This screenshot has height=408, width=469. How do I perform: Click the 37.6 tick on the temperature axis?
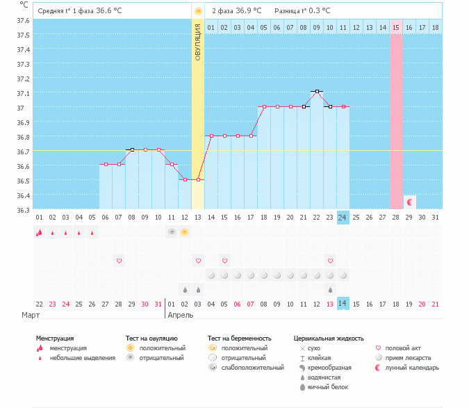pyautogui.click(x=23, y=20)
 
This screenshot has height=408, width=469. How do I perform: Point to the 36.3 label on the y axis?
pyautogui.click(x=23, y=210)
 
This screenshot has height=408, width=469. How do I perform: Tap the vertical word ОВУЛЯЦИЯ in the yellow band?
pyautogui.click(x=198, y=42)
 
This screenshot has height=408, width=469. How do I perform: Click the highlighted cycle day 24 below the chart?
pyautogui.click(x=343, y=218)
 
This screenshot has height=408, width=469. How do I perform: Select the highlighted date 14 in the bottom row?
pyautogui.click(x=343, y=304)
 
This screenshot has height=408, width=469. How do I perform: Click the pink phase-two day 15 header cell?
pyautogui.click(x=396, y=27)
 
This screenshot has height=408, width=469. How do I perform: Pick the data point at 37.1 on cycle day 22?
pyautogui.click(x=317, y=92)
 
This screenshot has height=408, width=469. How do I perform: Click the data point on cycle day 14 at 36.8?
pyautogui.click(x=211, y=136)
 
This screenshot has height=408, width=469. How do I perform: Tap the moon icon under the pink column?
pyautogui.click(x=410, y=202)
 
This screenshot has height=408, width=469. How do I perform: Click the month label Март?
pyautogui.click(x=31, y=315)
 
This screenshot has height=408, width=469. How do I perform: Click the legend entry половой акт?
pyautogui.click(x=404, y=348)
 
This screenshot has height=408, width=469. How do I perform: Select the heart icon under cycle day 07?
pyautogui.click(x=119, y=261)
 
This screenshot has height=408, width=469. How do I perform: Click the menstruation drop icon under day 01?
pyautogui.click(x=39, y=232)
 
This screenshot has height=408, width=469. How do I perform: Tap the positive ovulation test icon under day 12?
pyautogui.click(x=184, y=232)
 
